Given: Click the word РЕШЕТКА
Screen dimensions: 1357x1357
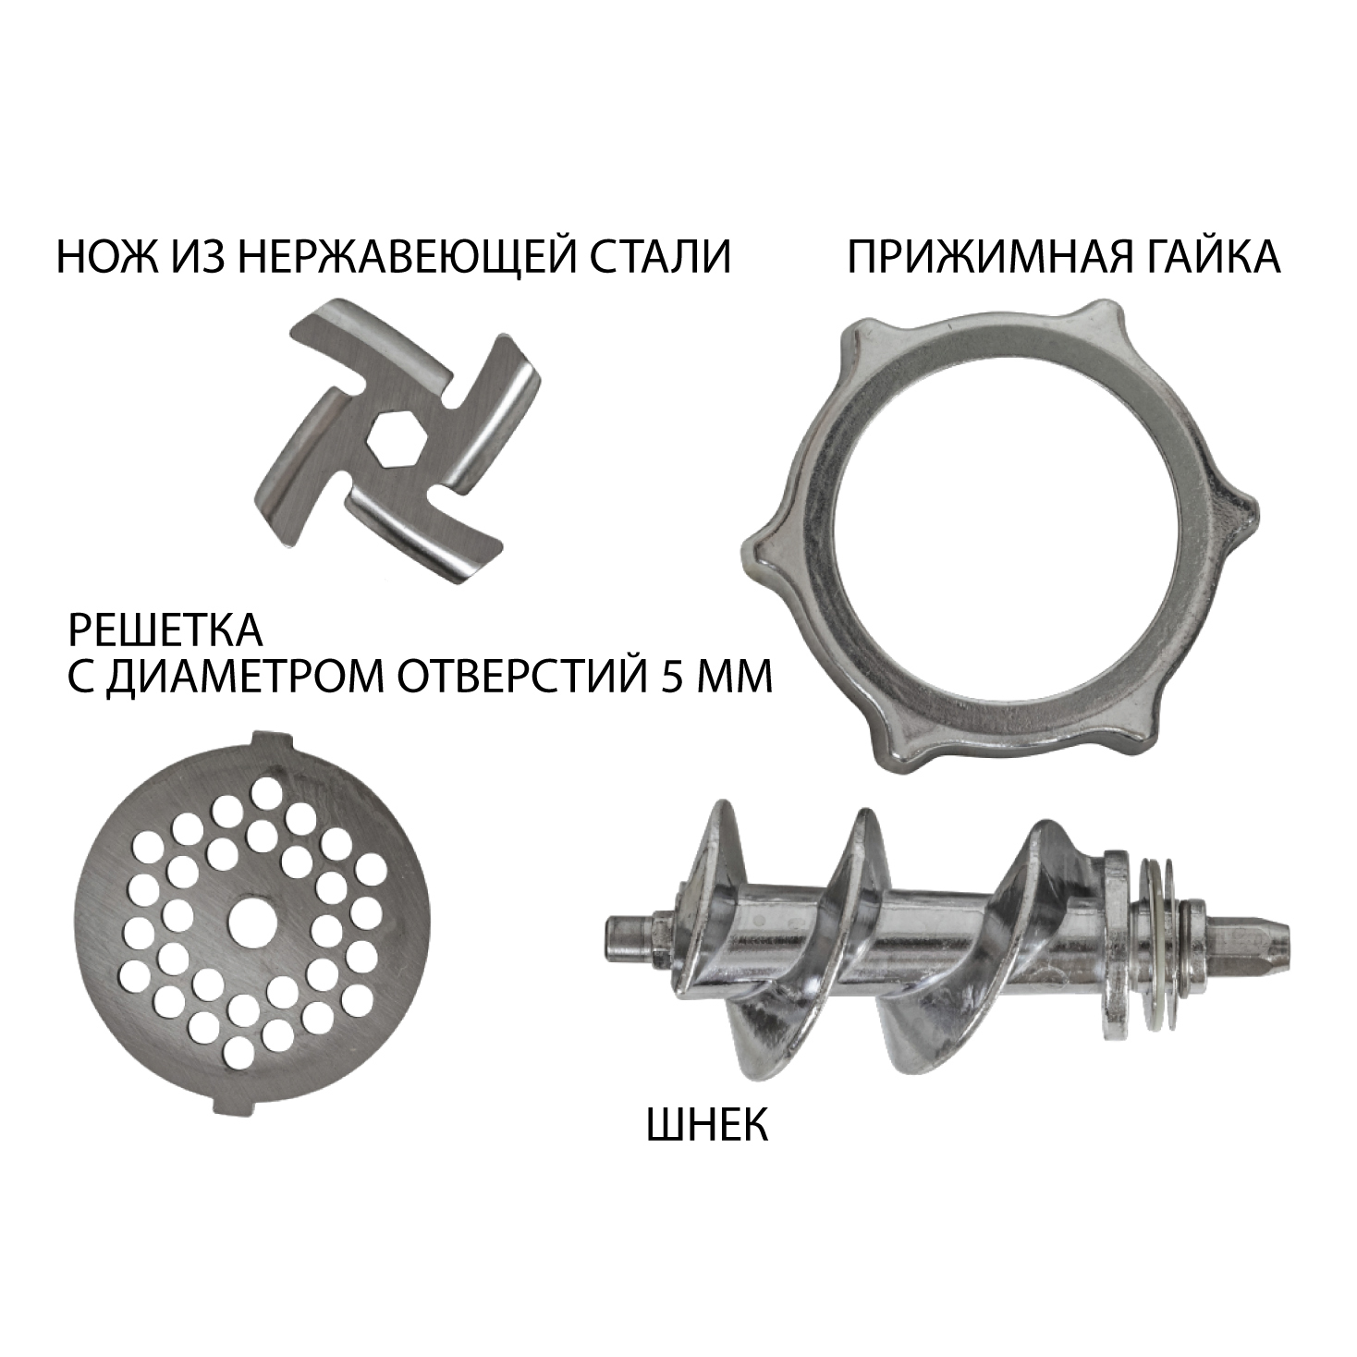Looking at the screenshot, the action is coord(165,630).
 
